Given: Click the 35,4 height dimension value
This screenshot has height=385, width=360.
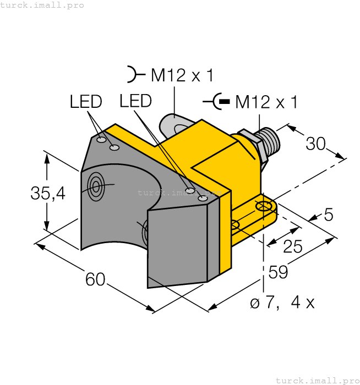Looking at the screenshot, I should tap(48, 193).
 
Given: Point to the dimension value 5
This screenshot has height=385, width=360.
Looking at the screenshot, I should tap(329, 215).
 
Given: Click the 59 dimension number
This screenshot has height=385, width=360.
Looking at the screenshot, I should tap(279, 272).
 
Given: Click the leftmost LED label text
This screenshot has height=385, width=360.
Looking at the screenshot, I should tap(86, 102).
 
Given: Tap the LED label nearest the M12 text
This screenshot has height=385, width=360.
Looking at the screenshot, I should tap(135, 101).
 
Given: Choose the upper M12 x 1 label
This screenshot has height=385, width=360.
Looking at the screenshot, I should tap(182, 75).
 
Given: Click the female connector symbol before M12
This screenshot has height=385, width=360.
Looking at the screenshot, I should tap(133, 74).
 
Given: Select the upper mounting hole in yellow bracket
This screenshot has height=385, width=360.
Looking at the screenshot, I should tap(264, 206).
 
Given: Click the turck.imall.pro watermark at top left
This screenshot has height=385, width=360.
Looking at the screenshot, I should tap(42, 5).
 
